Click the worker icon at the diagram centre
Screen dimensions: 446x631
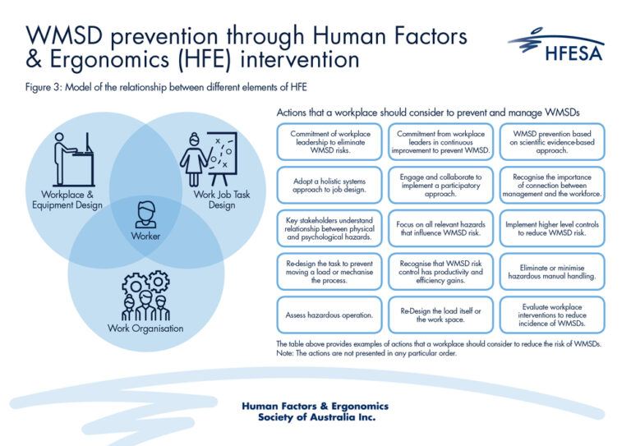pos(145,215)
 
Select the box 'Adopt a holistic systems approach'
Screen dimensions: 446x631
pos(325,184)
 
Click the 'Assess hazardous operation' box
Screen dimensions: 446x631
pos(325,315)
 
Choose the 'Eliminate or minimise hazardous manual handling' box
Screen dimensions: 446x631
pos(551,272)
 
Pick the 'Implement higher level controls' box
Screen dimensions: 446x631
pos(551,228)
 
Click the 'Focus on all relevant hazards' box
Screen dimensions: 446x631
pos(439,228)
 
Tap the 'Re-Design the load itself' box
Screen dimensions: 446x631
pos(439,315)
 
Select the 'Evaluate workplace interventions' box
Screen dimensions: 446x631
pos(551,315)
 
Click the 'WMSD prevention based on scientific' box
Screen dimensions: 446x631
pos(551,140)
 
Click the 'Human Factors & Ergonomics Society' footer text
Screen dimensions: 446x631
pos(315,412)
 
